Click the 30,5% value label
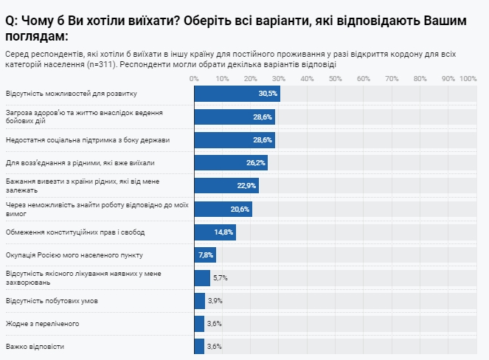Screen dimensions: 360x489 click(268, 94)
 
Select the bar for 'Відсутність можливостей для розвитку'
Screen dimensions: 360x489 click(236, 94)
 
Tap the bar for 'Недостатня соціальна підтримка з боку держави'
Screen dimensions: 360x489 click(234, 139)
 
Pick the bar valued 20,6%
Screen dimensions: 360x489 click(223, 209)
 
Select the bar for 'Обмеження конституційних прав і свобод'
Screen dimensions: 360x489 click(215, 232)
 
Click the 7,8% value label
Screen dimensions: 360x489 click(207, 255)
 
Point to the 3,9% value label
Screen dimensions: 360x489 click(215, 300)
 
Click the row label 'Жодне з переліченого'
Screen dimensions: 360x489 click(42, 323)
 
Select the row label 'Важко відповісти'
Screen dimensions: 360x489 click(35, 346)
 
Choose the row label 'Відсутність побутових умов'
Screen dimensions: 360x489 click(52, 300)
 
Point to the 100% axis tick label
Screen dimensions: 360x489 click(468, 78)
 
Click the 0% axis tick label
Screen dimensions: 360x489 click(194, 78)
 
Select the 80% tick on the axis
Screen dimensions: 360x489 click(420, 78)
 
